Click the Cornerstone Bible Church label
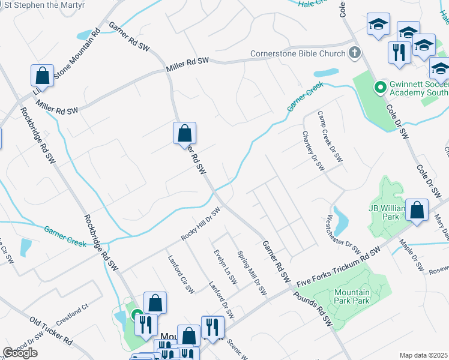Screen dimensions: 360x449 [x=298, y=53]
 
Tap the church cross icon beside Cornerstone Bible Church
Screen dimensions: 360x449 [x=355, y=53]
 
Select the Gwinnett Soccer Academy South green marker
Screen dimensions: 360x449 [x=379, y=88]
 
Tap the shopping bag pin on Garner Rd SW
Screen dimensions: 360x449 [x=185, y=133]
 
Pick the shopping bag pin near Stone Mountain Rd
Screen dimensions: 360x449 [x=42, y=76]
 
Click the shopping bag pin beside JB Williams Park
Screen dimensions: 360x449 [x=417, y=210]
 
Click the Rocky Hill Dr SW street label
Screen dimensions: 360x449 [x=201, y=225]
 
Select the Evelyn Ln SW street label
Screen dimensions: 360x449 [x=219, y=262]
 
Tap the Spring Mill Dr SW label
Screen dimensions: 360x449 [x=252, y=273]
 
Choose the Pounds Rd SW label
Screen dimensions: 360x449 [x=313, y=309]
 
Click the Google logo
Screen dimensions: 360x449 [x=20, y=353]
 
